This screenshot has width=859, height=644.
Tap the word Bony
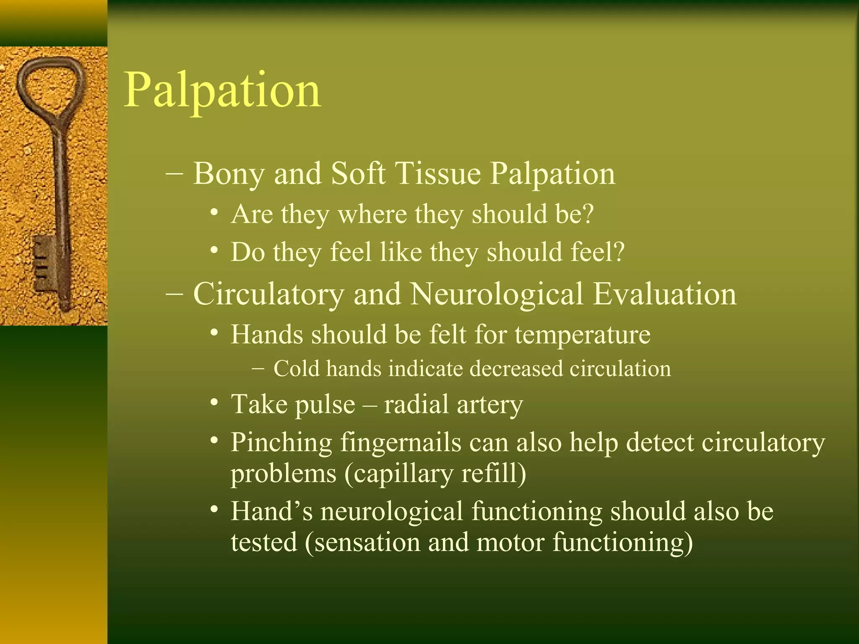tap(228, 174)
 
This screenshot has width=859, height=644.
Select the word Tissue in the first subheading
tap(438, 174)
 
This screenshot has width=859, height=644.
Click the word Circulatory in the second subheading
tap(268, 294)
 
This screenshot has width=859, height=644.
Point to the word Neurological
tap(497, 294)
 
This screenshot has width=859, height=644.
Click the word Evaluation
tap(664, 294)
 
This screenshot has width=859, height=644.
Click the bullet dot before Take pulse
tap(214, 403)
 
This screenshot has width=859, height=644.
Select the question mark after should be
tap(588, 214)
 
